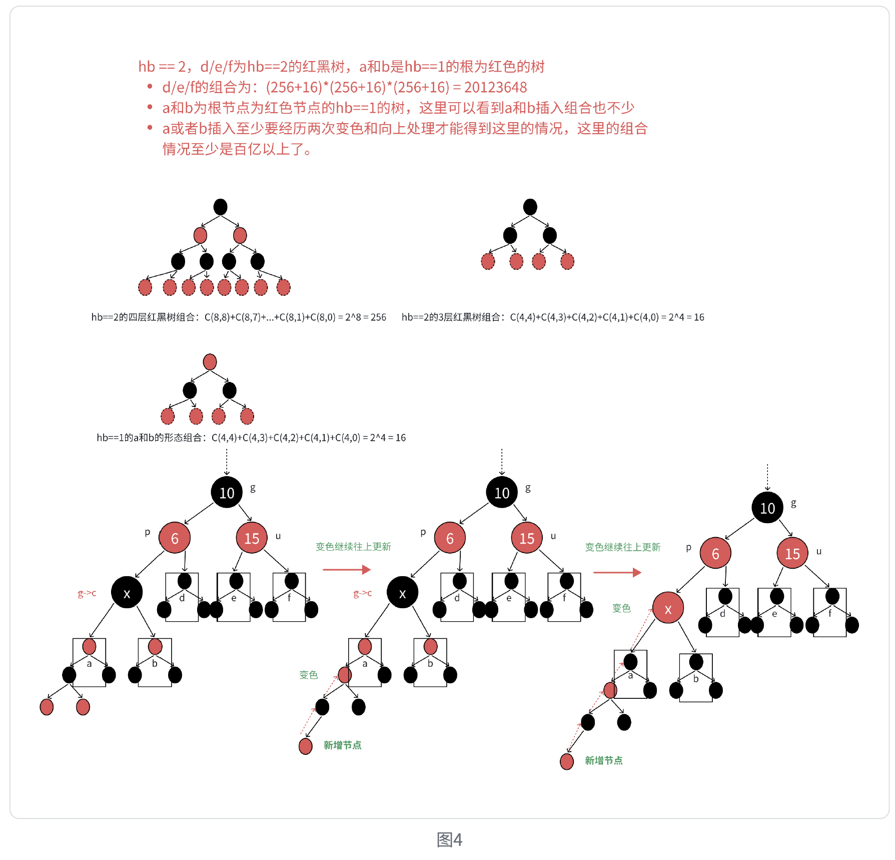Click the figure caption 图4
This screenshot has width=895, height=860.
pos(449,839)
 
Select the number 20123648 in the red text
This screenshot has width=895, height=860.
pos(495,88)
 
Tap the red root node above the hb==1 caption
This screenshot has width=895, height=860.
pos(210,362)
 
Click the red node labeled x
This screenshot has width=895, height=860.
pos(667,608)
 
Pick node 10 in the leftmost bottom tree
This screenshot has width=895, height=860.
pos(227,493)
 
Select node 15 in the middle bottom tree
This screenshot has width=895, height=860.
pos(526,538)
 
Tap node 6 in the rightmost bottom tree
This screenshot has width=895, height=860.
pos(715,553)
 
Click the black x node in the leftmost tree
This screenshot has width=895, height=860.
pos(127,593)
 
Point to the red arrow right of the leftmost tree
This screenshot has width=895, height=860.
pos(346,570)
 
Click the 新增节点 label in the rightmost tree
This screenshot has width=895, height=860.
pos(603,760)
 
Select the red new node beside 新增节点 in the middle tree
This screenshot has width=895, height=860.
pos(305,746)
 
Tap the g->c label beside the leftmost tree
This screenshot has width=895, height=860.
pos(87,593)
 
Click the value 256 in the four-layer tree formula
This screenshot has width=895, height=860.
pos(378,317)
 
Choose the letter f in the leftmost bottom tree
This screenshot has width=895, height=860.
pos(289,597)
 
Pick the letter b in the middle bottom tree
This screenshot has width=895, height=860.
pos(430,663)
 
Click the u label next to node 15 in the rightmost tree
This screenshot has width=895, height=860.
pos(818,552)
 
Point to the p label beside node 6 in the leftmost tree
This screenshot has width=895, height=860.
pos(147,532)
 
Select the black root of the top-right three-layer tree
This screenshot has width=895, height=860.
pos(530,207)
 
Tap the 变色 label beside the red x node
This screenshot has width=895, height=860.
pos(621,608)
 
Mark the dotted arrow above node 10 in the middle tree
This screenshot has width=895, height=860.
pos(502,462)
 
